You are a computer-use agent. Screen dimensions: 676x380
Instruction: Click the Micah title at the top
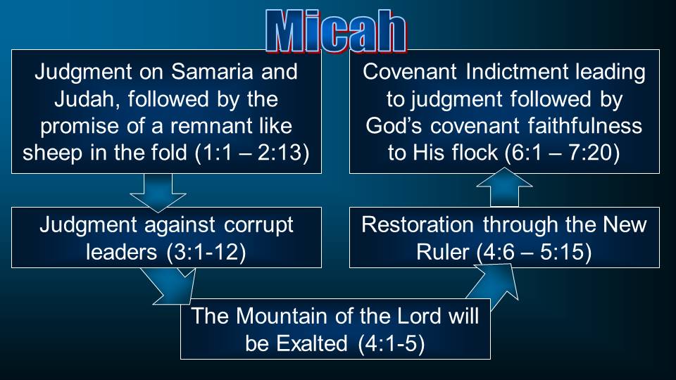tap(337, 31)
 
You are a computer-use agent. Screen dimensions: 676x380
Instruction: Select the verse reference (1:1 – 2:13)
tap(252, 153)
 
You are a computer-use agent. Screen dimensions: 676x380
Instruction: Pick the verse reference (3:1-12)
tap(206, 252)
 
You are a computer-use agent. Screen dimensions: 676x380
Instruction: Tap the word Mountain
tap(282, 316)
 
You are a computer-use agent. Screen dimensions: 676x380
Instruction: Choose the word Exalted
tap(312, 343)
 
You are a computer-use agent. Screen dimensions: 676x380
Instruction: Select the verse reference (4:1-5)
tap(392, 343)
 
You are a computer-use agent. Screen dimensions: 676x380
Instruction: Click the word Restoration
tap(418, 224)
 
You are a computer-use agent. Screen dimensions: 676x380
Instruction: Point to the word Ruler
tap(442, 252)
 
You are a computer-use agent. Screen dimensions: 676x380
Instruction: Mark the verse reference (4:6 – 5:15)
tap(534, 252)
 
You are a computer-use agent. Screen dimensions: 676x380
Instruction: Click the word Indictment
tap(518, 72)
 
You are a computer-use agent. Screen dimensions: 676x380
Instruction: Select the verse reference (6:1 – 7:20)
tap(562, 153)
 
